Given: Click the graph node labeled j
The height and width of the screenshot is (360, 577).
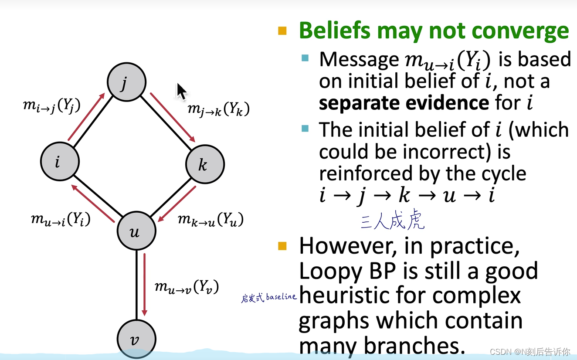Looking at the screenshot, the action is click(126, 82).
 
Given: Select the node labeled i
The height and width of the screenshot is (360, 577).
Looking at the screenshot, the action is click(60, 162).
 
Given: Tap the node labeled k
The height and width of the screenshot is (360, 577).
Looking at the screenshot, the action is click(204, 164).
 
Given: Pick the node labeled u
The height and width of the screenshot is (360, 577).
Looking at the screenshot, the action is click(136, 231).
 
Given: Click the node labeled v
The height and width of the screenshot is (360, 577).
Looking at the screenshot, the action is click(136, 340).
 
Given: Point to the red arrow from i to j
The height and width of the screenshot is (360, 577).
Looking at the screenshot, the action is click(86, 117).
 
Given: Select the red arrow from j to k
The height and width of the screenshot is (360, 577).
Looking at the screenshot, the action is click(173, 117).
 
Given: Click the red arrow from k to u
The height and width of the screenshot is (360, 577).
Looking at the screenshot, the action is click(177, 204).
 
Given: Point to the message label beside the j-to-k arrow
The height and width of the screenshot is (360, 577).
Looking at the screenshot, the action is click(219, 109).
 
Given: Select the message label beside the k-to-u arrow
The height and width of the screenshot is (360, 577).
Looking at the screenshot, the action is click(210, 219).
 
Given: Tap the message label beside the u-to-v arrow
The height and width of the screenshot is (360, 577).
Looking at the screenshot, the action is click(187, 287).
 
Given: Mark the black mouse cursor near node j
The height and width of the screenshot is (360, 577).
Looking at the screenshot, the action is click(181, 92).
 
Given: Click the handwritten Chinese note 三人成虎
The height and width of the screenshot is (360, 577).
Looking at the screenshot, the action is click(392, 221).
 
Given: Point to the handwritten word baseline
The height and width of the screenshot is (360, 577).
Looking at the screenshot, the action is click(281, 297).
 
